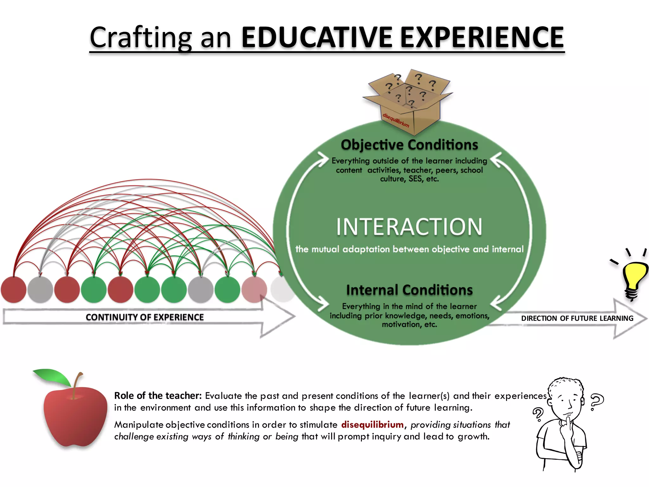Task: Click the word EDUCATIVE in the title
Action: pyautogui.click(x=317, y=37)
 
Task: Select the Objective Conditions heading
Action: pyautogui.click(x=409, y=145)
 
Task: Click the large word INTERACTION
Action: pyautogui.click(x=409, y=227)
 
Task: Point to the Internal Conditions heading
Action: pyautogui.click(x=409, y=290)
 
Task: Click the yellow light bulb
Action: pyautogui.click(x=633, y=277)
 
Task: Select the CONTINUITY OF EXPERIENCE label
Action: pyautogui.click(x=145, y=317)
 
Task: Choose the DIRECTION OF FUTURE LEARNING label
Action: pyautogui.click(x=577, y=318)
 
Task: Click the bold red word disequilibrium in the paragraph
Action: pyautogui.click(x=372, y=425)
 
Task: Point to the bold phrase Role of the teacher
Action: pyautogui.click(x=158, y=396)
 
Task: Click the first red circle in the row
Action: pyautogui.click(x=14, y=289)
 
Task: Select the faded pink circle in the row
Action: pyautogui.click(x=254, y=289)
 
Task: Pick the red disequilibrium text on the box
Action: pyautogui.click(x=396, y=120)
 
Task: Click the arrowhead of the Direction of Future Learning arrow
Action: pyautogui.click(x=631, y=319)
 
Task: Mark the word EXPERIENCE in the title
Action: pyautogui.click(x=482, y=37)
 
